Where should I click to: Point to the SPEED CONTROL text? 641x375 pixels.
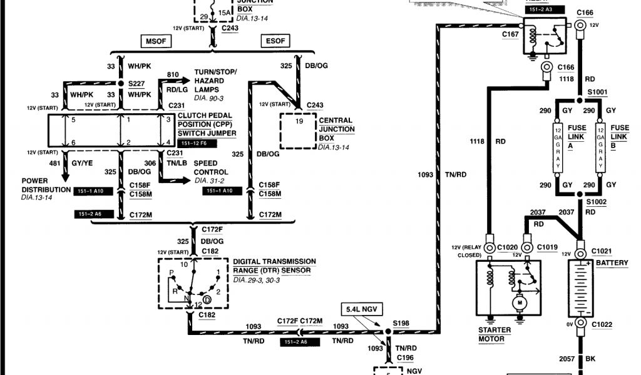(x=210, y=167)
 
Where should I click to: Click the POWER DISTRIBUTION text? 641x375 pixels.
(x=46, y=185)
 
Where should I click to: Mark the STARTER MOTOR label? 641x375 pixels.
(x=495, y=334)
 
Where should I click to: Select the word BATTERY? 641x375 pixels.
(x=612, y=263)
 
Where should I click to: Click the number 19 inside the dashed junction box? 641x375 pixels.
(x=299, y=121)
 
